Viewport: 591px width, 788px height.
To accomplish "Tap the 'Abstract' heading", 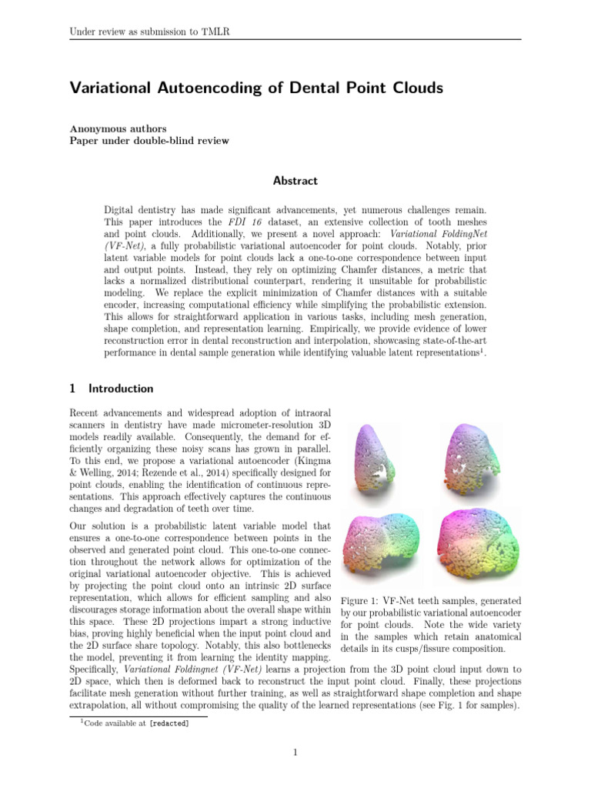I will [x=295, y=181].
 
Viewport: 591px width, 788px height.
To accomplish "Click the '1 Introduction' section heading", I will [x=112, y=389].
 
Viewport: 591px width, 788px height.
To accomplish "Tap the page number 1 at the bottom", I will [x=295, y=752].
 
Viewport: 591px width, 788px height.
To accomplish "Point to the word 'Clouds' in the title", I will [x=416, y=88].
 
